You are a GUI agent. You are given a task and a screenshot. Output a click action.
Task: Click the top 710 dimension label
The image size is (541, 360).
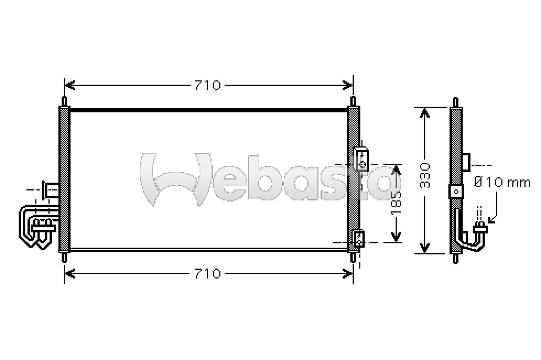pos(208,86)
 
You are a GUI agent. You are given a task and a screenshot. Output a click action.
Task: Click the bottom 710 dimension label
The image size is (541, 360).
pos(208,273)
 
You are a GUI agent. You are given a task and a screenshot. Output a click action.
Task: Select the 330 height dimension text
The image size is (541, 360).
pos(425,176)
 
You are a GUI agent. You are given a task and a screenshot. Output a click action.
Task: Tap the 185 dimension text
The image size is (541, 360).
pos(396,203)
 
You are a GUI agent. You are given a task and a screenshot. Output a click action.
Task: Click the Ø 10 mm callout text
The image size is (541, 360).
pos(502,183)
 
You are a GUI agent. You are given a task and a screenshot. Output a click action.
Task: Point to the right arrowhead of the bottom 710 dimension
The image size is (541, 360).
pos(348,273)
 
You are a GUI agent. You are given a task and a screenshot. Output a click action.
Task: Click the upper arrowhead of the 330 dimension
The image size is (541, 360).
pos(425,113)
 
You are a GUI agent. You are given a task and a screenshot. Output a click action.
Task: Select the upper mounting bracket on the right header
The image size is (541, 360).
pos(361,159)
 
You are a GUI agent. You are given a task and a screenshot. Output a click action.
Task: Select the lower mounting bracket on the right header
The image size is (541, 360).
pos(359,238)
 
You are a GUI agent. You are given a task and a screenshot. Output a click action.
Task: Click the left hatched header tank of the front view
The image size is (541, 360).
pos(64,179)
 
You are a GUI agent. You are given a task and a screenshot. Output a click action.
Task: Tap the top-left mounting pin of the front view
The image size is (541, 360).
pos(64,101)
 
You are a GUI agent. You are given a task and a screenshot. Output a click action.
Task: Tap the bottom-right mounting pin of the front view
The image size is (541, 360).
pos(353,257)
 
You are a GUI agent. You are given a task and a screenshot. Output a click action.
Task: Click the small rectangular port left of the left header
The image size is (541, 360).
pos(51,190)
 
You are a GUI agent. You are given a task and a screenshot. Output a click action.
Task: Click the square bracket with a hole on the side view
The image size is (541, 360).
pos(456,191)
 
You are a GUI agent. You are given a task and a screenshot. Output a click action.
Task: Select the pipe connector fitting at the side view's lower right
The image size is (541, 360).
pos(480,229)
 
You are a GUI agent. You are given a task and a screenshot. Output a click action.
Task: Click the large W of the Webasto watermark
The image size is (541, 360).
pos(176,179)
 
